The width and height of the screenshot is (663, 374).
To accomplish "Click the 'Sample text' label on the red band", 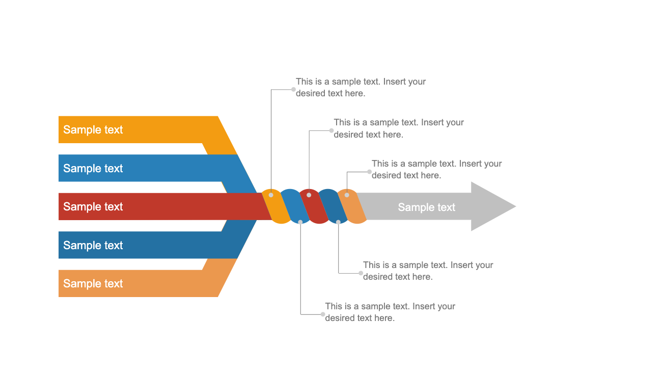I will point(93,206).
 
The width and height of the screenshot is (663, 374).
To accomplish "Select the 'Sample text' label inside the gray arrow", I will point(426,207).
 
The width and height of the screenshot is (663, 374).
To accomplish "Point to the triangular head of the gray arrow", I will point(491,206).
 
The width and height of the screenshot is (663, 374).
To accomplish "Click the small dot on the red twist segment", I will point(309,195).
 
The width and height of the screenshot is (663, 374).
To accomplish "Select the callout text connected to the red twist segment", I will point(399,128).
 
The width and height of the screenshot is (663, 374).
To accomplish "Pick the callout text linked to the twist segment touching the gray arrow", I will point(436,169).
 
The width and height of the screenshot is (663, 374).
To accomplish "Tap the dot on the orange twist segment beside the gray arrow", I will point(347,195).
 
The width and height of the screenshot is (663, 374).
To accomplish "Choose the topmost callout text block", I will point(361,87).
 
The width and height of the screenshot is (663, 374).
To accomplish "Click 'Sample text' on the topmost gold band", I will point(93,129).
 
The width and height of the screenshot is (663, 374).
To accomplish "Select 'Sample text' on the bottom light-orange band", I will point(93,283).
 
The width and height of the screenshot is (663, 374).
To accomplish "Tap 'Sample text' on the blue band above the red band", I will point(93,168).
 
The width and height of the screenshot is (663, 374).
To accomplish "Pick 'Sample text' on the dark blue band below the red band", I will point(93,245).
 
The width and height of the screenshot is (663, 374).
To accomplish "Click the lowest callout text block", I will point(390,312).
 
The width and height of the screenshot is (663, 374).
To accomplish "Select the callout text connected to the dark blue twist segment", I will point(428,271).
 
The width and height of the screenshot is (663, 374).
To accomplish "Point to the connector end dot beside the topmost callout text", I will point(293,89).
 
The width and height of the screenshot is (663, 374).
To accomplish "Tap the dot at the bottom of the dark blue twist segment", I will point(338,222).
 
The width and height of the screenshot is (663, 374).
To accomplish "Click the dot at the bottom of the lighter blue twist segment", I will point(300,222).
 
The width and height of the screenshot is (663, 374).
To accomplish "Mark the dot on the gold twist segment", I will point(271,195).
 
